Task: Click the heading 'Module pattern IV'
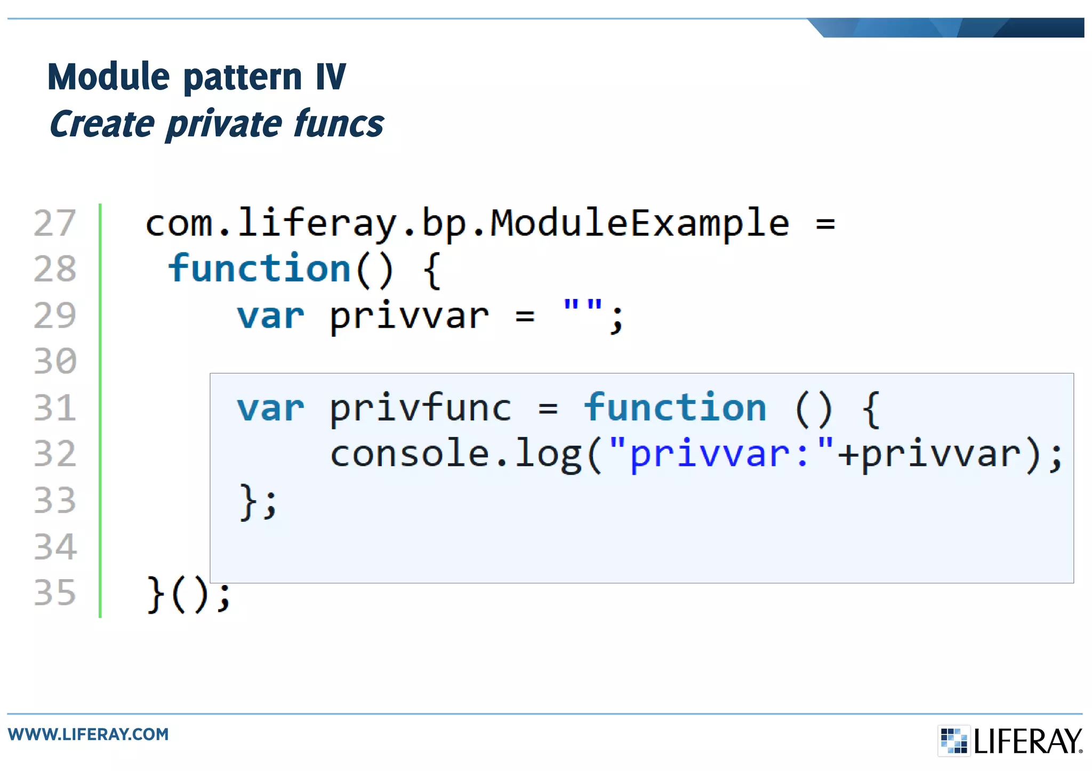coord(197,77)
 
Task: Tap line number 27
coord(54,223)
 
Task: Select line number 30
coord(55,361)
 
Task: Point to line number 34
coord(55,547)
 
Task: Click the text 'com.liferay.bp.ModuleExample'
coord(467,223)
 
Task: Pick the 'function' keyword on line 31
coord(675,408)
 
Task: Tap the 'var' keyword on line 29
coord(270,316)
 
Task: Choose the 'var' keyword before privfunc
coord(270,409)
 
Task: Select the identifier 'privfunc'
coord(420,409)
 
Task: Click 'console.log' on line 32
coord(456,455)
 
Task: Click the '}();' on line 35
coord(188,594)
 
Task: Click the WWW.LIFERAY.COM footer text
coord(89,734)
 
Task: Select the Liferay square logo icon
coord(953,741)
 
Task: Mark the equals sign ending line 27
coord(825,224)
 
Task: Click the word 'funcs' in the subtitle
coord(339,124)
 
